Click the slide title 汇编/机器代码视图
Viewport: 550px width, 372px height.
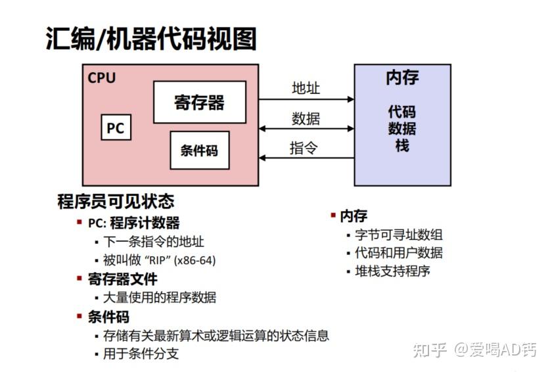click(x=151, y=39)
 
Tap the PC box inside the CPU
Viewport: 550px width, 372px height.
click(x=115, y=128)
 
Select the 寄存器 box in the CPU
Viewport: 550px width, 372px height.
click(x=199, y=102)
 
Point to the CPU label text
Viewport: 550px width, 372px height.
click(x=101, y=78)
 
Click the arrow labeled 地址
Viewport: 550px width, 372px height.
click(x=306, y=100)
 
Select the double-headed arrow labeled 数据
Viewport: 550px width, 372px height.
click(x=306, y=129)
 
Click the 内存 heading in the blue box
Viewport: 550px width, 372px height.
click(x=402, y=78)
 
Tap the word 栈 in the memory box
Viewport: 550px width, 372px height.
click(x=402, y=146)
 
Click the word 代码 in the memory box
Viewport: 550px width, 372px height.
click(x=402, y=111)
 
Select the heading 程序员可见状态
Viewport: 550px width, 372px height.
click(x=116, y=201)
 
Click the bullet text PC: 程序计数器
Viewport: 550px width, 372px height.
click(x=134, y=223)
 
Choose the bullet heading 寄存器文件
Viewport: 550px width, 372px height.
click(x=123, y=279)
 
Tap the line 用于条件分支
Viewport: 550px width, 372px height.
click(x=141, y=354)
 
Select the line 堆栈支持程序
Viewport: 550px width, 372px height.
click(x=392, y=270)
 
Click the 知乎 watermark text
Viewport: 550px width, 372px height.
click(x=430, y=350)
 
